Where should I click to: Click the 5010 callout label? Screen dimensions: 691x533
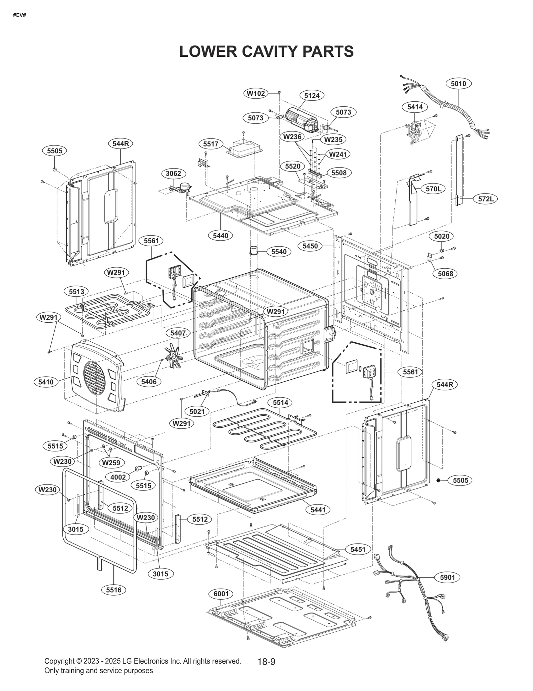(x=458, y=83)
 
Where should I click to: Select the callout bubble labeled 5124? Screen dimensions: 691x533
(x=312, y=95)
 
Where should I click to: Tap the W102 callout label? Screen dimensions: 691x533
(x=256, y=93)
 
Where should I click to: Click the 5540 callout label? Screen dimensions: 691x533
(x=279, y=252)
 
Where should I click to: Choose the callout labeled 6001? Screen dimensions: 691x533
(x=221, y=594)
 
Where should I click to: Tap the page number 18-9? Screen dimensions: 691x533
(x=266, y=662)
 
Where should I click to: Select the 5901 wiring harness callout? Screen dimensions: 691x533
(x=447, y=577)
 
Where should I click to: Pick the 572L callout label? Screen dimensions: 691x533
(x=486, y=199)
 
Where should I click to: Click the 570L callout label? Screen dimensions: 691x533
(x=433, y=189)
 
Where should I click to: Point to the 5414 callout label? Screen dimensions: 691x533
(x=415, y=107)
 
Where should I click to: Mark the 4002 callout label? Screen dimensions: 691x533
(x=118, y=477)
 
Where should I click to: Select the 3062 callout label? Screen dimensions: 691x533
(x=173, y=174)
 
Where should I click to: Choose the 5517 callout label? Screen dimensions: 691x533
(x=211, y=144)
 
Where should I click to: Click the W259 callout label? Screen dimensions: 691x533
(x=112, y=462)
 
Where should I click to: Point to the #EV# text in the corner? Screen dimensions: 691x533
(x=19, y=15)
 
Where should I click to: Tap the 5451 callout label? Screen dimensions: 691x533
(x=358, y=549)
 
